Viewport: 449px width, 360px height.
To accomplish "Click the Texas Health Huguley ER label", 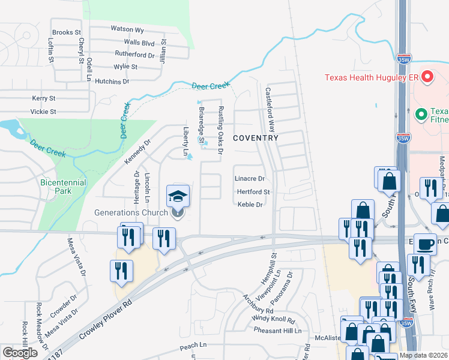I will tap(372, 77).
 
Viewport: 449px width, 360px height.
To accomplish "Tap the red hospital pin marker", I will tap(427, 77).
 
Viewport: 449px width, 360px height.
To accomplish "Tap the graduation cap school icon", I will tap(177, 196).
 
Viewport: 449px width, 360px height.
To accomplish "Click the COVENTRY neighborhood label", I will tap(255, 138).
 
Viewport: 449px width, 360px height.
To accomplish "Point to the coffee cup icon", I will tap(426, 244).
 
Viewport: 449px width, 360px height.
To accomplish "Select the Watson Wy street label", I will tap(127, 29).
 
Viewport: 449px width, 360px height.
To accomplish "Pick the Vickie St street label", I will tap(44, 112).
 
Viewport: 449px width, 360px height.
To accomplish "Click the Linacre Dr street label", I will tap(250, 179).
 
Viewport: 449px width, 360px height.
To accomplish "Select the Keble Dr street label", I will tap(250, 205).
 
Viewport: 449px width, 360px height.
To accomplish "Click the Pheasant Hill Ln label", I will tap(277, 331).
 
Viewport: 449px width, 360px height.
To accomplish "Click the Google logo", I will tap(20, 353).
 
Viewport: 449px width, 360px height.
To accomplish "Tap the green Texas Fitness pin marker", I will tap(421, 113).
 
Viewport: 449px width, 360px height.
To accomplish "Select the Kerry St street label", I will tap(44, 98).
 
